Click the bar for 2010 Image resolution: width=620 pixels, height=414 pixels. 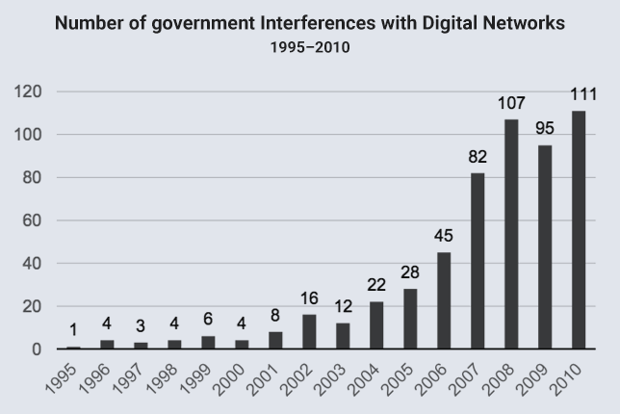[x=579, y=230]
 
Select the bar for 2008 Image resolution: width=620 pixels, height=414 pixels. [x=511, y=234]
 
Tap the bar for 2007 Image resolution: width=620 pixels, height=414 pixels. [x=478, y=261]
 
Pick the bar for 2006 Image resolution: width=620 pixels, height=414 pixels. [x=444, y=300]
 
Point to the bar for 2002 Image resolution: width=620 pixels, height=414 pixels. [x=309, y=332]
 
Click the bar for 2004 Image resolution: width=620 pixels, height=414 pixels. [x=376, y=325]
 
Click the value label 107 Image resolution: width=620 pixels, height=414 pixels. [x=511, y=103]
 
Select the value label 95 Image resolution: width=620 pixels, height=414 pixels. [x=545, y=128]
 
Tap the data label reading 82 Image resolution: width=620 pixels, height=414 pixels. [x=478, y=157]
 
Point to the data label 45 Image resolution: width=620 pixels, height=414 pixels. [x=444, y=236]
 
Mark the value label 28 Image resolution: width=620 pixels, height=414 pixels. [x=410, y=272]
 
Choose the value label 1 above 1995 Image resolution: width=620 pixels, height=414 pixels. [x=73, y=330]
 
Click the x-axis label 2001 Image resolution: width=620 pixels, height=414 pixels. [x=263, y=379]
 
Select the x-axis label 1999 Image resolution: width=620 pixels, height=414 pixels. [x=195, y=379]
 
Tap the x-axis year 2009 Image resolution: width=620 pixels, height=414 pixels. [x=532, y=379]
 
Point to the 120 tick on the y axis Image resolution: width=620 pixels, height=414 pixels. [x=28, y=91]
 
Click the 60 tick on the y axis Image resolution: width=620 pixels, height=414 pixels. [x=32, y=220]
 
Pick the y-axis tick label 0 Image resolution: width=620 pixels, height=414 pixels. [x=37, y=349]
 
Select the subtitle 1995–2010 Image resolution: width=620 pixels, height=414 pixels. [x=310, y=47]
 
